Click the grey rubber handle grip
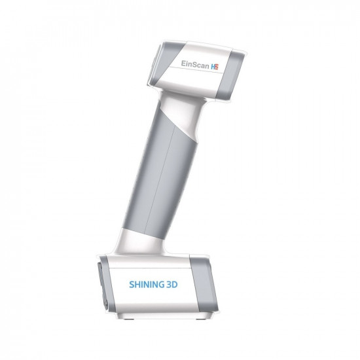tap(164, 177)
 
